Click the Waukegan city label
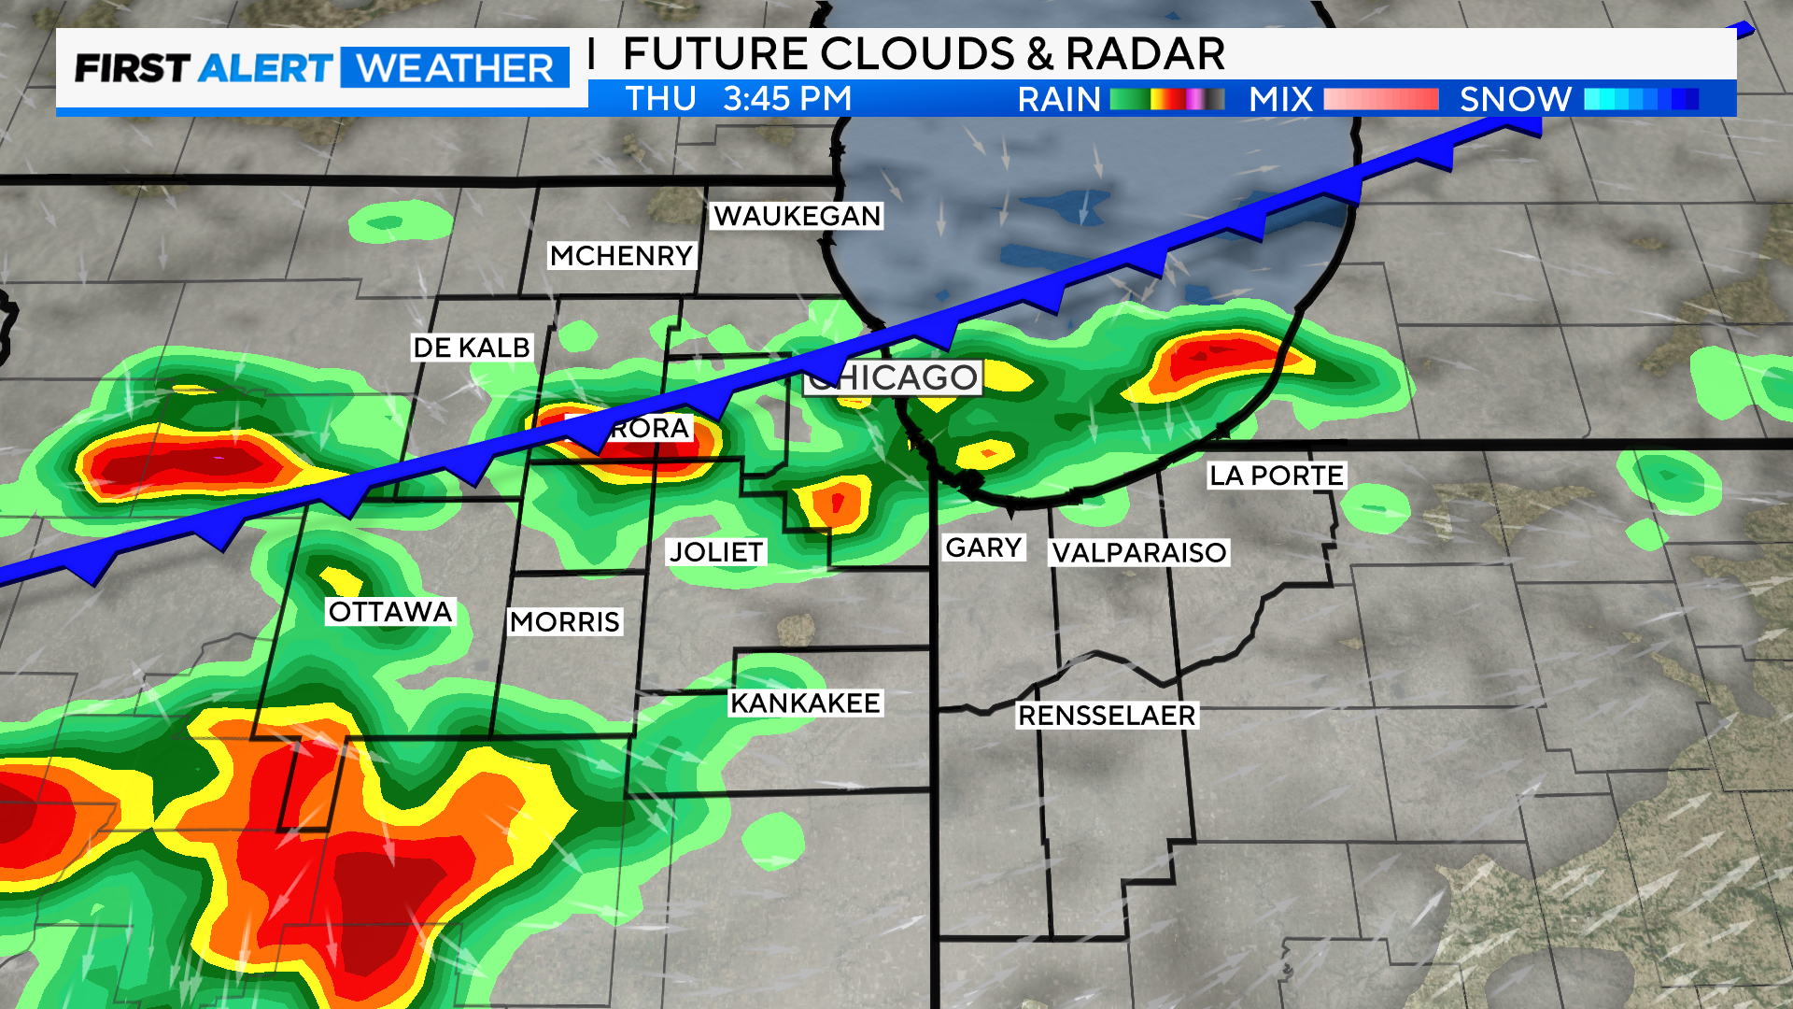(798, 216)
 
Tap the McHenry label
(621, 255)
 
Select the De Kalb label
(472, 348)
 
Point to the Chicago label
(894, 377)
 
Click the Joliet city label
(716, 552)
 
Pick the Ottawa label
(390, 612)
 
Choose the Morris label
(565, 622)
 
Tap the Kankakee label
(805, 703)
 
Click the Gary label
(983, 547)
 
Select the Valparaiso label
(1139, 553)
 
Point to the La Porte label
(1277, 476)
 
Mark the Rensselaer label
(1107, 716)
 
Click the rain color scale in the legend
(1167, 99)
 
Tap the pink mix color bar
(1380, 99)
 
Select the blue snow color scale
(1641, 99)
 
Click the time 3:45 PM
(787, 98)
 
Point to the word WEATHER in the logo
(456, 68)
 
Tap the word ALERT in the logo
(265, 68)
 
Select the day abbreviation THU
(661, 98)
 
